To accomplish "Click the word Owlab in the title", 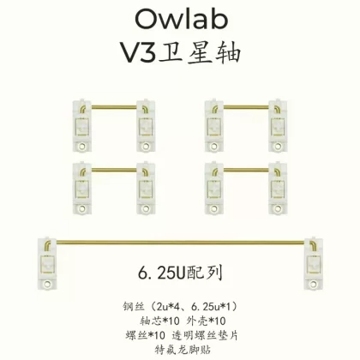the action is click(182, 19).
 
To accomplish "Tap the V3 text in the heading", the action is click(139, 52).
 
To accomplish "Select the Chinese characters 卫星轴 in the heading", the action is click(200, 52).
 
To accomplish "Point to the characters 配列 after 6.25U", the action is click(205, 273).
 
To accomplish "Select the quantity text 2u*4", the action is click(169, 307).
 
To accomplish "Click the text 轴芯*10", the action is click(159, 321).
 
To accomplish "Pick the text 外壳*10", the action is click(206, 321).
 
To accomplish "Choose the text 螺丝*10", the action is click(145, 335).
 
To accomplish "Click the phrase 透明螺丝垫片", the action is click(205, 335).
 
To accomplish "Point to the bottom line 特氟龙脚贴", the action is click(183, 350).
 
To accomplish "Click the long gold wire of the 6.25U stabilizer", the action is click(180, 243).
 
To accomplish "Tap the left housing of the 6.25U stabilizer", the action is click(47, 263).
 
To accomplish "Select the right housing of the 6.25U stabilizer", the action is click(314, 263).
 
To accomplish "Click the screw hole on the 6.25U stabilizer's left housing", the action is click(47, 284).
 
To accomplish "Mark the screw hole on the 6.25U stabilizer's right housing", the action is click(314, 284).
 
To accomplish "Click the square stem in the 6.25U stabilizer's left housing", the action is click(47, 265).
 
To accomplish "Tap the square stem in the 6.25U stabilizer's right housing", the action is click(314, 265).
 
